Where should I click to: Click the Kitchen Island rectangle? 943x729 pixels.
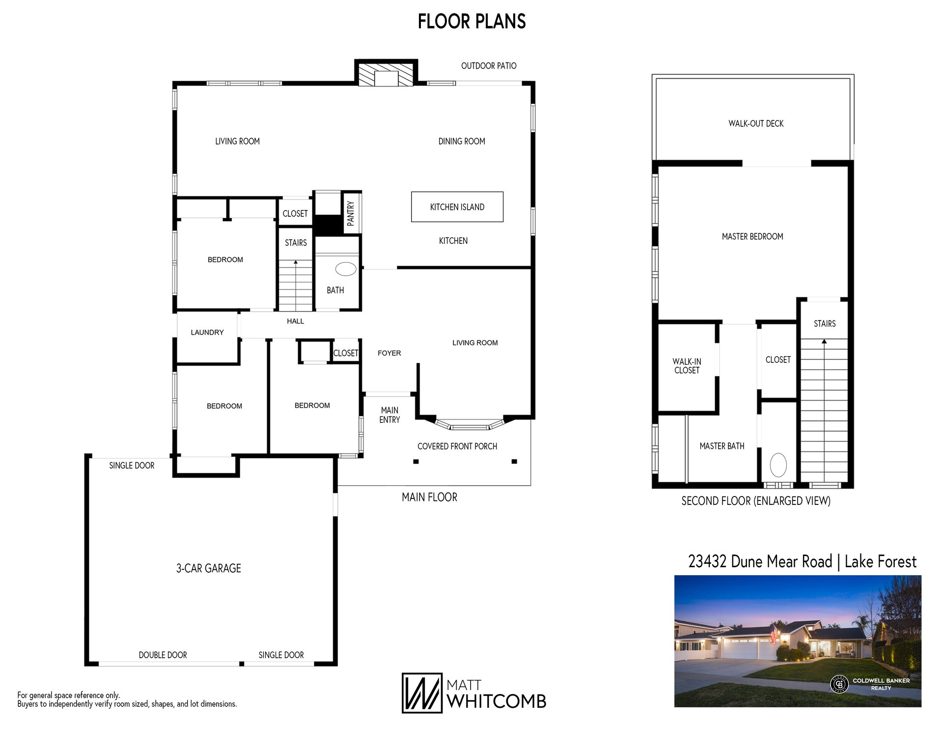tap(457, 206)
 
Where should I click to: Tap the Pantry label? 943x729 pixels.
tap(351, 213)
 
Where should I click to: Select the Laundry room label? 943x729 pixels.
tap(207, 332)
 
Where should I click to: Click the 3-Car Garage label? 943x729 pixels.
tap(209, 568)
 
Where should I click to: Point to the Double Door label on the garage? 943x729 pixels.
tap(163, 655)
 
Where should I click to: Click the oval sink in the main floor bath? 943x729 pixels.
tap(346, 269)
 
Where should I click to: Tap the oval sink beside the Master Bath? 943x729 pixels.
tap(778, 465)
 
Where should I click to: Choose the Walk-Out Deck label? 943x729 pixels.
tap(756, 123)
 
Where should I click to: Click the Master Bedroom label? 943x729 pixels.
tap(752, 236)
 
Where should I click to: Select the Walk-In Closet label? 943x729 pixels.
tap(687, 366)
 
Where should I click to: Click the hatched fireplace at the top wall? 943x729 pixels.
tap(386, 74)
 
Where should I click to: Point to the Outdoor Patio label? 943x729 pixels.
tap(489, 66)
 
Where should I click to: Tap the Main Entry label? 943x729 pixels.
tap(389, 415)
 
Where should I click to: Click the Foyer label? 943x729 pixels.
tap(389, 353)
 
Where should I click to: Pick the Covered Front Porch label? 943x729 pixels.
tap(457, 446)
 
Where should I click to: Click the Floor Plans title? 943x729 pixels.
tap(472, 21)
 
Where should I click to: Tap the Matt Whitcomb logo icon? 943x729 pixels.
tap(422, 693)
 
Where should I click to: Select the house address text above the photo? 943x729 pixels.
tap(802, 561)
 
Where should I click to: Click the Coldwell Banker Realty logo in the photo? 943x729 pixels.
tap(870, 684)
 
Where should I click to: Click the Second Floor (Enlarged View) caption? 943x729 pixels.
tap(756, 501)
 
